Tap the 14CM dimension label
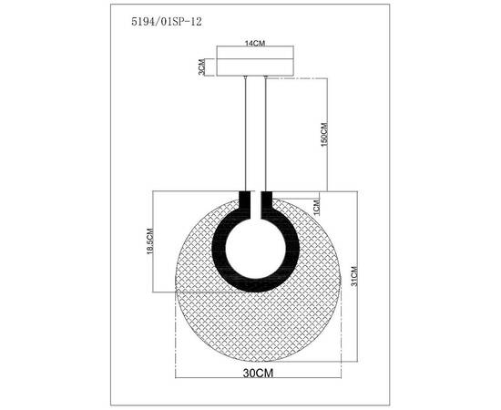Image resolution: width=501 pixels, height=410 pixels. pyautogui.click(x=255, y=44)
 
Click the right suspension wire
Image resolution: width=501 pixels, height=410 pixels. pyautogui.click(x=266, y=137)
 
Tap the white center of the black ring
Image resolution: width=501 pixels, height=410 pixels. pyautogui.click(x=256, y=248)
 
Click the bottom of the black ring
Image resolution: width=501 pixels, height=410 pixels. pyautogui.click(x=256, y=287)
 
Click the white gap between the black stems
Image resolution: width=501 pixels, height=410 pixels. pyautogui.click(x=256, y=202)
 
